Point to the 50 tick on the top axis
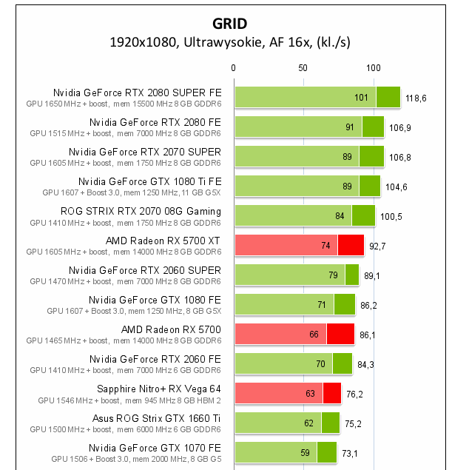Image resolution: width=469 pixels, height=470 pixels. click(303, 68)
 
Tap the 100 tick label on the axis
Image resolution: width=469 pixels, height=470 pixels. click(374, 68)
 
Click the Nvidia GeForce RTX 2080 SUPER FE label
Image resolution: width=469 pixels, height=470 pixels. click(137, 93)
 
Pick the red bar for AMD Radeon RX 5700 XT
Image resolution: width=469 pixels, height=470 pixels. click(299, 245)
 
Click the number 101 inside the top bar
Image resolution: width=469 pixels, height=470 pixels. click(361, 98)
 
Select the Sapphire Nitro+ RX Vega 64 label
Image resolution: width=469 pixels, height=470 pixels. click(159, 389)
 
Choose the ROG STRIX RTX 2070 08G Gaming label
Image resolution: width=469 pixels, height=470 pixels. click(141, 211)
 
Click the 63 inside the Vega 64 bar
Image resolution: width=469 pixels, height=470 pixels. click(310, 394)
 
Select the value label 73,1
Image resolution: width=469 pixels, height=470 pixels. click(352, 453)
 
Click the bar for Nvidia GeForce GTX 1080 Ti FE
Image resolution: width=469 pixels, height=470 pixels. click(307, 186)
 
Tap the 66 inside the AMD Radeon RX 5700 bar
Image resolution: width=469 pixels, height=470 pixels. click(314, 335)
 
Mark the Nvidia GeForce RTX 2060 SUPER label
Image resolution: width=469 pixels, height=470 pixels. click(145, 270)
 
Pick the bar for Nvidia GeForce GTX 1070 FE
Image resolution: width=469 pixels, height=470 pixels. click(286, 452)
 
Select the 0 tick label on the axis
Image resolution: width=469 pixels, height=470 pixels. click(234, 68)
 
